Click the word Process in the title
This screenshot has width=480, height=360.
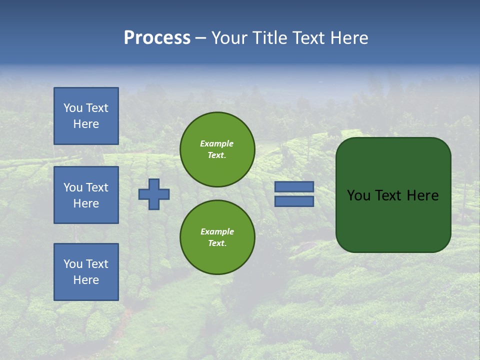pyautogui.click(x=157, y=38)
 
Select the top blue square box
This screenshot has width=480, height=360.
pyautogui.click(x=86, y=116)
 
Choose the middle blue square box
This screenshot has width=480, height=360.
pyautogui.click(x=86, y=195)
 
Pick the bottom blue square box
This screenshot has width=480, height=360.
pyautogui.click(x=86, y=272)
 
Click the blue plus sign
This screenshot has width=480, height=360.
pyautogui.click(x=154, y=194)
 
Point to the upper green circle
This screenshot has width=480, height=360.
pyautogui.click(x=217, y=149)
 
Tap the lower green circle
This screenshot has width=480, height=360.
pyautogui.click(x=217, y=237)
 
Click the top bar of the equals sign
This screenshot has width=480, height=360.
pyautogui.click(x=294, y=186)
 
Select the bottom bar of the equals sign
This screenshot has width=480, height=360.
pyautogui.click(x=294, y=201)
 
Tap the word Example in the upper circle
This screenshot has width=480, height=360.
pyautogui.click(x=217, y=143)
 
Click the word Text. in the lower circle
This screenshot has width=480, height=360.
pyautogui.click(x=217, y=243)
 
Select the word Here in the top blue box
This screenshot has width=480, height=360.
pyautogui.click(x=86, y=124)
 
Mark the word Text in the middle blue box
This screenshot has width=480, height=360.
pyautogui.click(x=97, y=187)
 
